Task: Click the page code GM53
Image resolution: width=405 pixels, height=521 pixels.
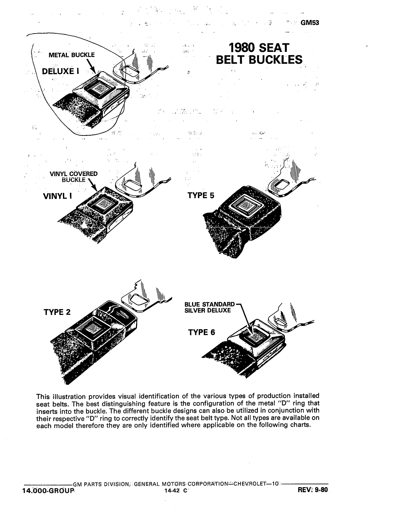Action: tap(310, 23)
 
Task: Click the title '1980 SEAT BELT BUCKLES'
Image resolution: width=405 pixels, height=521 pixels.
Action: tap(259, 54)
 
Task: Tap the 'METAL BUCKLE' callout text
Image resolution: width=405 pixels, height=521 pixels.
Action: tap(72, 55)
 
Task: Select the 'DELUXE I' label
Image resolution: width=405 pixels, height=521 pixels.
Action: tap(60, 71)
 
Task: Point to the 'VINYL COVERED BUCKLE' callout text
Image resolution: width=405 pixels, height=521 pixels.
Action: tap(74, 177)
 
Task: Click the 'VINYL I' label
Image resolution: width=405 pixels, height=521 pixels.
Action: tap(58, 196)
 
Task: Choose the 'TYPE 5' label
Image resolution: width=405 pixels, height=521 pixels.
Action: tap(201, 195)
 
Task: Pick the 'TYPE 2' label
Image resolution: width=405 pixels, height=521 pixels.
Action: tap(57, 312)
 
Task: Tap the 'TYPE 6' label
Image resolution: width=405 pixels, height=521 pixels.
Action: tap(202, 332)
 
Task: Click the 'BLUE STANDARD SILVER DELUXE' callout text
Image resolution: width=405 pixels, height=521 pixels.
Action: tap(209, 307)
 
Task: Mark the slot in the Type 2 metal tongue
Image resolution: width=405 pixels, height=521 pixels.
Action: tap(139, 300)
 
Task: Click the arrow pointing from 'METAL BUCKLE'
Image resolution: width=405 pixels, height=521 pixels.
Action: tap(91, 66)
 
